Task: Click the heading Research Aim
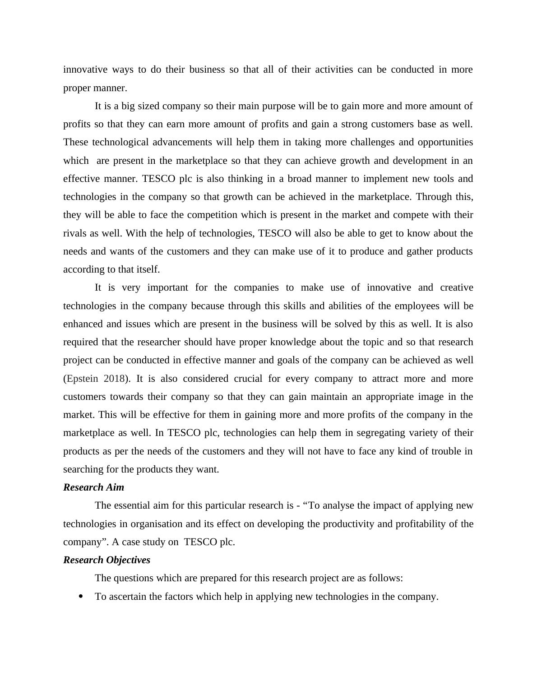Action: pyautogui.click(x=93, y=487)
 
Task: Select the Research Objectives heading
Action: pyautogui.click(x=106, y=560)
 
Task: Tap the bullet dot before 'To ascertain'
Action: pyautogui.click(x=81, y=597)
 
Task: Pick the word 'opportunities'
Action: pyautogui.click(x=445, y=142)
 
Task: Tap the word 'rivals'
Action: pyautogui.click(x=74, y=233)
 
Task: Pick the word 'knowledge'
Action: pyautogui.click(x=291, y=342)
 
